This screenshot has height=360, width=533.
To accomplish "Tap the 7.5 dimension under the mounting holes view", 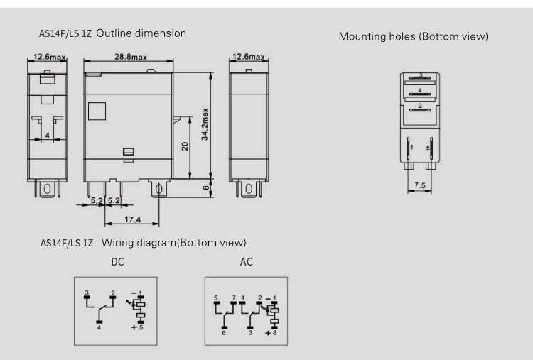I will [420, 185].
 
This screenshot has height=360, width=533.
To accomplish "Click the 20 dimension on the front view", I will [184, 148].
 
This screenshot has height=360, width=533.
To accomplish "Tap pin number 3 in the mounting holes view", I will [421, 75].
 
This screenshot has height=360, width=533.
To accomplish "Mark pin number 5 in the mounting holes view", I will [428, 147].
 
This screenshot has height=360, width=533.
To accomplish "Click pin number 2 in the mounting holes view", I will [420, 106].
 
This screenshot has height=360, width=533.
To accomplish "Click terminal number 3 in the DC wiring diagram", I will [87, 293].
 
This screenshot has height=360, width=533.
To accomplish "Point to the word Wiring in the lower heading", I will [119, 243].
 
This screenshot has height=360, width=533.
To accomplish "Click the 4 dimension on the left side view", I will [47, 133].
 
